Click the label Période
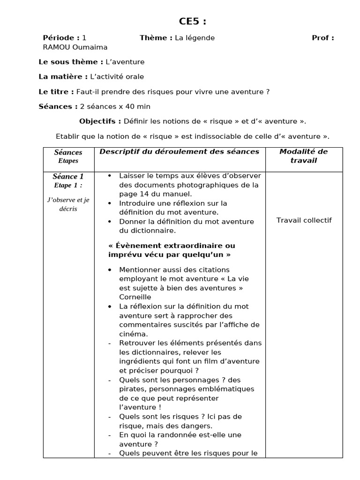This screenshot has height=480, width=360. click(x=60, y=38)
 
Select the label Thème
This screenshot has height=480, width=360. click(x=156, y=38)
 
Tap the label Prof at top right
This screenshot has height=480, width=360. click(x=322, y=38)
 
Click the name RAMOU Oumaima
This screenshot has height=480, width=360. click(x=75, y=47)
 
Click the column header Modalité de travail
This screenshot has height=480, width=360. click(x=304, y=156)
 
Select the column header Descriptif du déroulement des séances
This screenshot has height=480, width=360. click(x=179, y=151)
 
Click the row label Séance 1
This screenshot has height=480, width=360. click(x=68, y=177)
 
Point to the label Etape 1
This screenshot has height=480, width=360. click(x=68, y=185)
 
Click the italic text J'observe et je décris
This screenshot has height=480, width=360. click(x=68, y=204)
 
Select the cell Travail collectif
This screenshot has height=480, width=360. click(x=304, y=220)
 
